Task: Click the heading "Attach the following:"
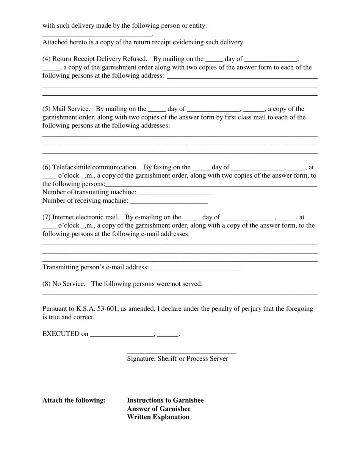tap(74, 400)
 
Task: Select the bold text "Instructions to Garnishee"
tap(165, 400)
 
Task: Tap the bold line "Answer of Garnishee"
tap(159, 409)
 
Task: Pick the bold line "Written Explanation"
tap(158, 417)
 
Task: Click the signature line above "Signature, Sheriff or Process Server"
tap(182, 352)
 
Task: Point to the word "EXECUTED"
tap(61, 334)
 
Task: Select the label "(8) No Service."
tap(64, 284)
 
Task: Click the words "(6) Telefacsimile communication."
tap(90, 167)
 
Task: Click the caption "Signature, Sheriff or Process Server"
tap(177, 358)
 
